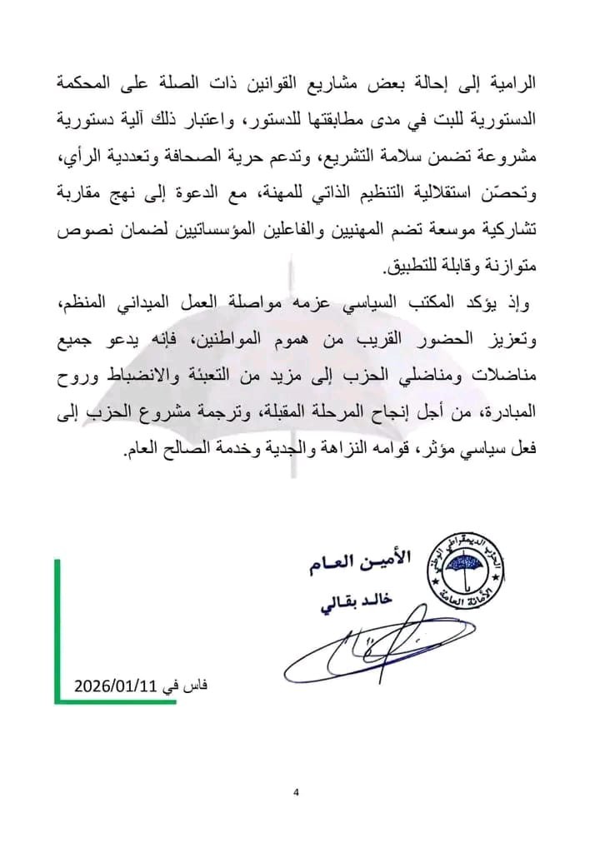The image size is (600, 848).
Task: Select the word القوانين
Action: [266, 83]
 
